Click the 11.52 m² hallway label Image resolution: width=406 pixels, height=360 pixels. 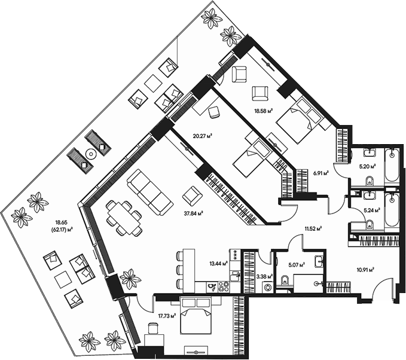(313, 228)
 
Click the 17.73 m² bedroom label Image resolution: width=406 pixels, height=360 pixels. (167, 315)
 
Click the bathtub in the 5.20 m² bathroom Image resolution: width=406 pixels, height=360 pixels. (391, 166)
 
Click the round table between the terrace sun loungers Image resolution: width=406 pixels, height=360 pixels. (90, 153)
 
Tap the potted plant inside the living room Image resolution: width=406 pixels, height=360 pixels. (128, 278)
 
